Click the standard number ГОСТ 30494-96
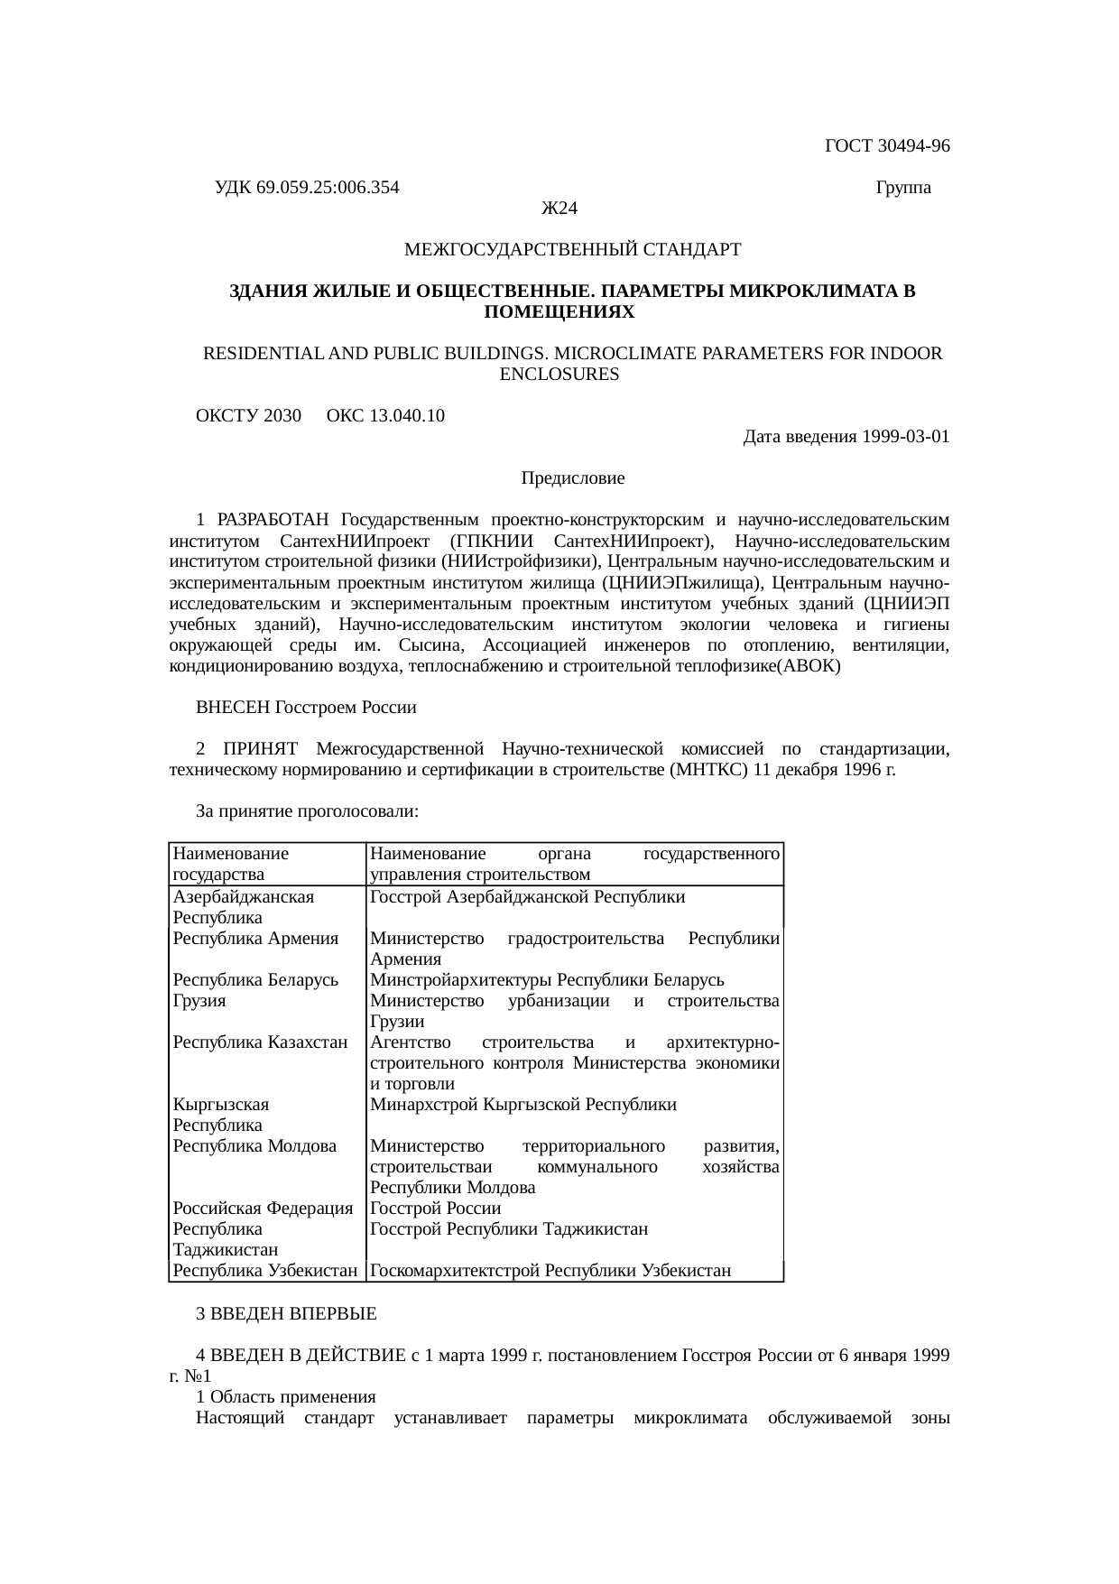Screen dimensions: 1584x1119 [887, 146]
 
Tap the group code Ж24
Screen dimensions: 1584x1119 [559, 209]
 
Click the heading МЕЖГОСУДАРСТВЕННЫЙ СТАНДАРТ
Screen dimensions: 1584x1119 [573, 250]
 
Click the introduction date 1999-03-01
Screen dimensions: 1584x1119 [905, 438]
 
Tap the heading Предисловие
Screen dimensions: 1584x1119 [573, 478]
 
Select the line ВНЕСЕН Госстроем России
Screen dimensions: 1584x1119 [306, 708]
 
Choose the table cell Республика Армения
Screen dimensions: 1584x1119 [255, 939]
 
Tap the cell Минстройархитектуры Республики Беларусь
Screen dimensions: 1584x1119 [547, 981]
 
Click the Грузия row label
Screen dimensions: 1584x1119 [199, 1002]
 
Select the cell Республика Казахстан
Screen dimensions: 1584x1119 [260, 1043]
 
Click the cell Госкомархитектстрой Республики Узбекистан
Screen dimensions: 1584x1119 [550, 1272]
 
